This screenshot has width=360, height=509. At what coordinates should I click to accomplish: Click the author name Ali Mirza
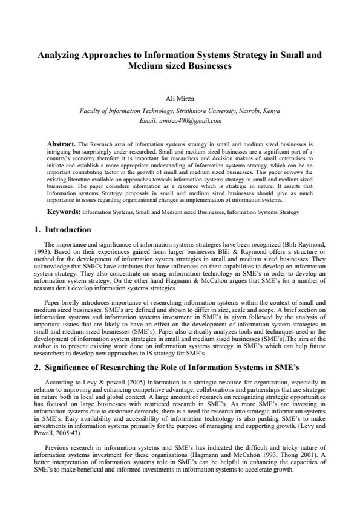coord(180,99)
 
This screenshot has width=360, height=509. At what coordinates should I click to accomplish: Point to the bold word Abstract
coord(61,145)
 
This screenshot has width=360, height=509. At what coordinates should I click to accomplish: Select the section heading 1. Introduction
coord(63,230)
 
